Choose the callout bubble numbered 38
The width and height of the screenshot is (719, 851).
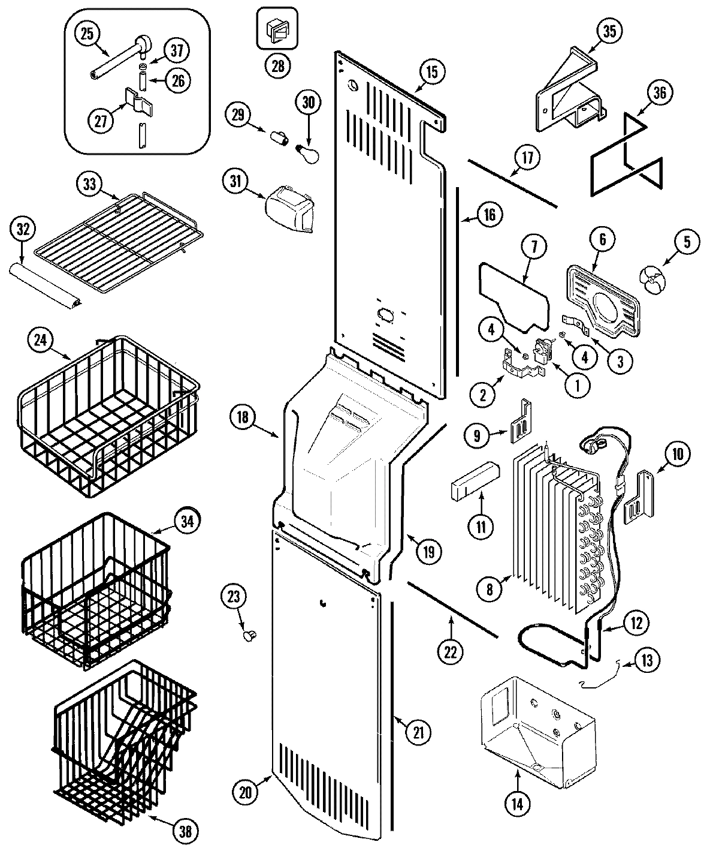[x=185, y=831]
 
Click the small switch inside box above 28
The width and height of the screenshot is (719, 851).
[x=277, y=29]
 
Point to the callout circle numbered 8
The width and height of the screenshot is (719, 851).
[x=490, y=590]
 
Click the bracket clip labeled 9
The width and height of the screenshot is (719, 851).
[x=520, y=422]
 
